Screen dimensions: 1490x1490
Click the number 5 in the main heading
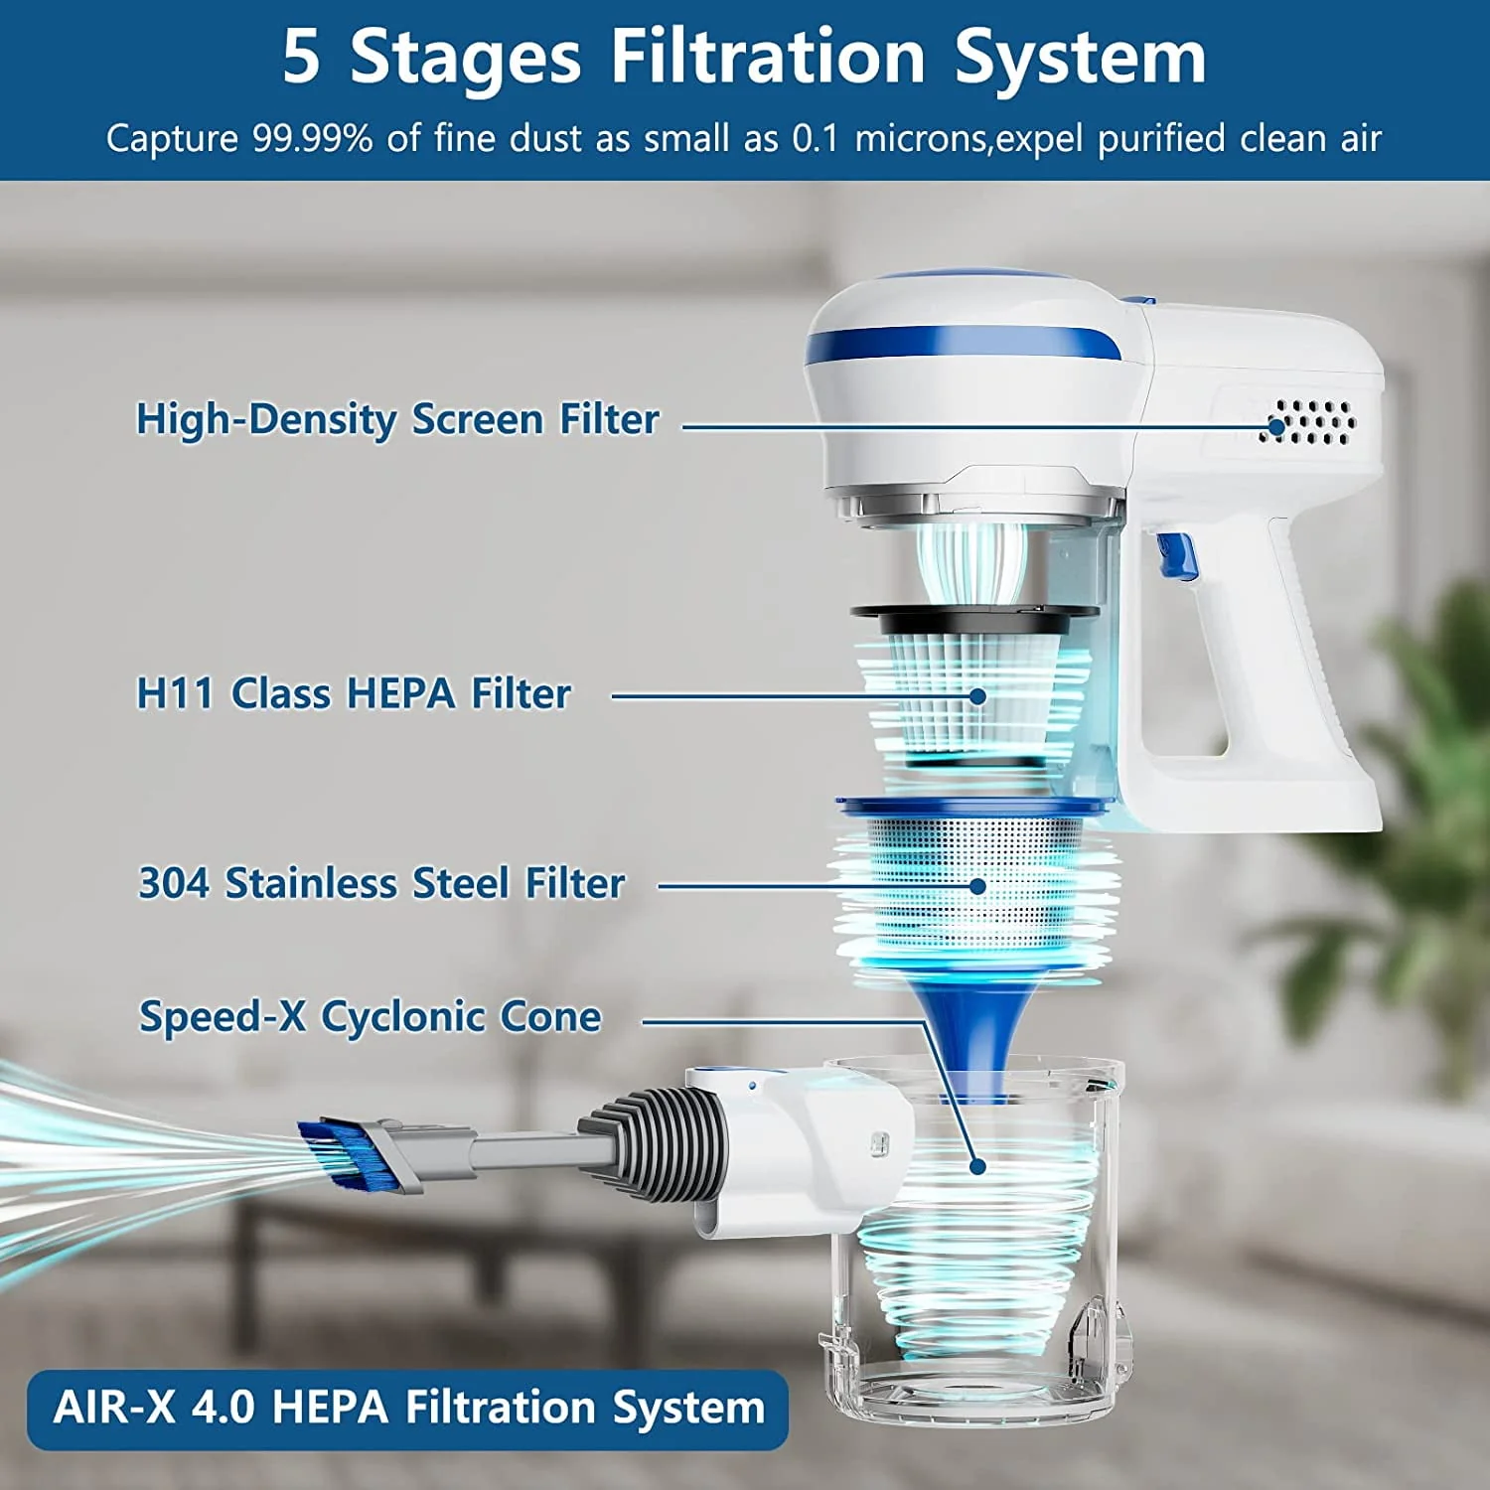[302, 56]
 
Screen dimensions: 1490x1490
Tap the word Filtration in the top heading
[768, 56]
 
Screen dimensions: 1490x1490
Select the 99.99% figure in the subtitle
[312, 138]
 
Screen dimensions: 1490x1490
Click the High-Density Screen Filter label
[397, 419]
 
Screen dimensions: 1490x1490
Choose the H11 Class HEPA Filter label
[354, 693]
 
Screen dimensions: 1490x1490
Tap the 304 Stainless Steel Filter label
[381, 883]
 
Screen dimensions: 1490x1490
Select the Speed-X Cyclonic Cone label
[370, 1016]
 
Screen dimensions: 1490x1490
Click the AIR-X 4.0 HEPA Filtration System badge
[407, 1409]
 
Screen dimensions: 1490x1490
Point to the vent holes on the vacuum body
[1312, 421]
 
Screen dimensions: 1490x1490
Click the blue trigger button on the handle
[1176, 555]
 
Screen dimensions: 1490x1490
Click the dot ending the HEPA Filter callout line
[977, 696]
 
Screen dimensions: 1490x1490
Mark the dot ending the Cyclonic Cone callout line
[977, 1166]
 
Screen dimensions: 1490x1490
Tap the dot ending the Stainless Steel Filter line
[977, 886]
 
